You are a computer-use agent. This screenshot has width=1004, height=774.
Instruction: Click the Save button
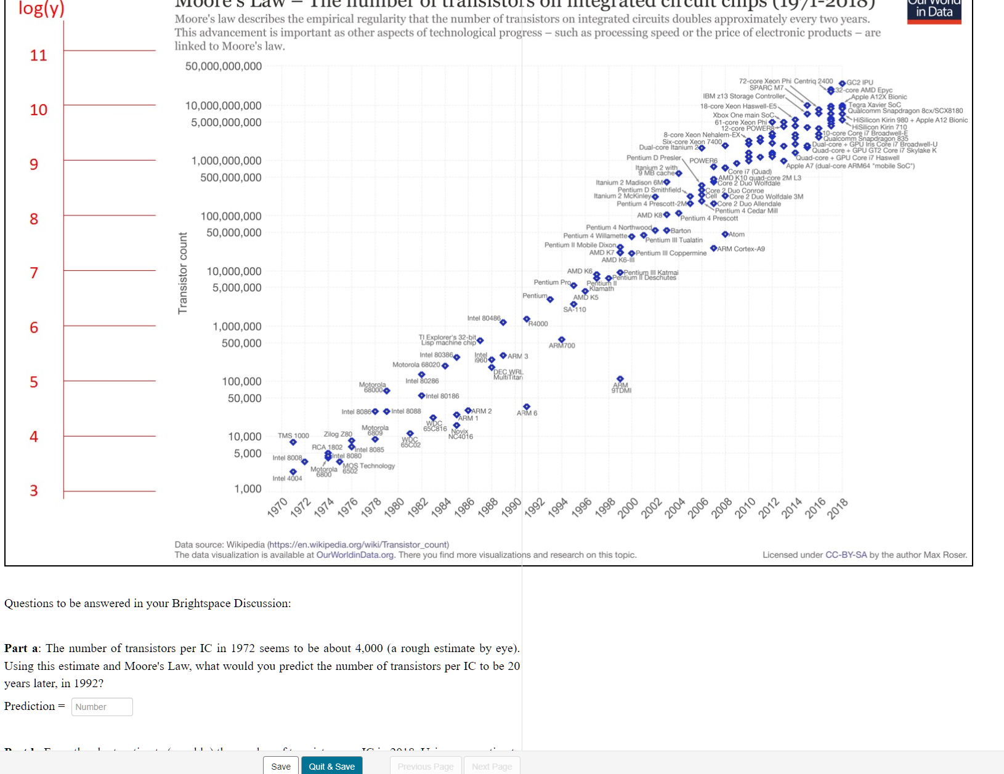pyautogui.click(x=281, y=766)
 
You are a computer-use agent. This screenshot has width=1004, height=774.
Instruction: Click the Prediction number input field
pyautogui.click(x=102, y=707)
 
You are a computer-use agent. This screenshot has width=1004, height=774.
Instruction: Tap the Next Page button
pyautogui.click(x=492, y=766)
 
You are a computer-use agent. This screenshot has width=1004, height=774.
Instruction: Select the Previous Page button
pyautogui.click(x=425, y=766)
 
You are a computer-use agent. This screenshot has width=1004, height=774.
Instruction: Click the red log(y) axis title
pyautogui.click(x=41, y=9)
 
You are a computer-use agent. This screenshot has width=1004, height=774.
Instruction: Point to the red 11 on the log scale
pyautogui.click(x=38, y=55)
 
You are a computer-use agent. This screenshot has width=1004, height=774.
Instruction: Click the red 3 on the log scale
pyautogui.click(x=34, y=491)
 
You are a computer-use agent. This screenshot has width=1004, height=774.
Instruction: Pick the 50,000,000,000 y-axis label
pyautogui.click(x=224, y=66)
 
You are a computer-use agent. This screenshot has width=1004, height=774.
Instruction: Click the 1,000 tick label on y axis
pyautogui.click(x=248, y=489)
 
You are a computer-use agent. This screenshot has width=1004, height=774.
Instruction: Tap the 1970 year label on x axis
pyautogui.click(x=278, y=507)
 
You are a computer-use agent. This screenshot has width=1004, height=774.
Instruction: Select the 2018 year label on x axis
pyautogui.click(x=838, y=509)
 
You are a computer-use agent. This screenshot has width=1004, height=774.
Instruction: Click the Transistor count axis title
pyautogui.click(x=182, y=273)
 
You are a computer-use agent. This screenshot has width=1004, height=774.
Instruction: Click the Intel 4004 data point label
pyautogui.click(x=287, y=478)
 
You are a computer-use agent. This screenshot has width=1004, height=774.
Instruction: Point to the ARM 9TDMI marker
pyautogui.click(x=620, y=379)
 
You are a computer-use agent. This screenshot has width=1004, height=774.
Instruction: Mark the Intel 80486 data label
pyautogui.click(x=484, y=318)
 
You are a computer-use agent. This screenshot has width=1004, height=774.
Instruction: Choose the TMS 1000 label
pyautogui.click(x=293, y=435)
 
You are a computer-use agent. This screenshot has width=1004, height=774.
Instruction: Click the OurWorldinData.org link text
pyautogui.click(x=355, y=555)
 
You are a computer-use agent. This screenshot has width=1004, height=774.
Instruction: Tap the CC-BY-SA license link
pyautogui.click(x=846, y=555)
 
